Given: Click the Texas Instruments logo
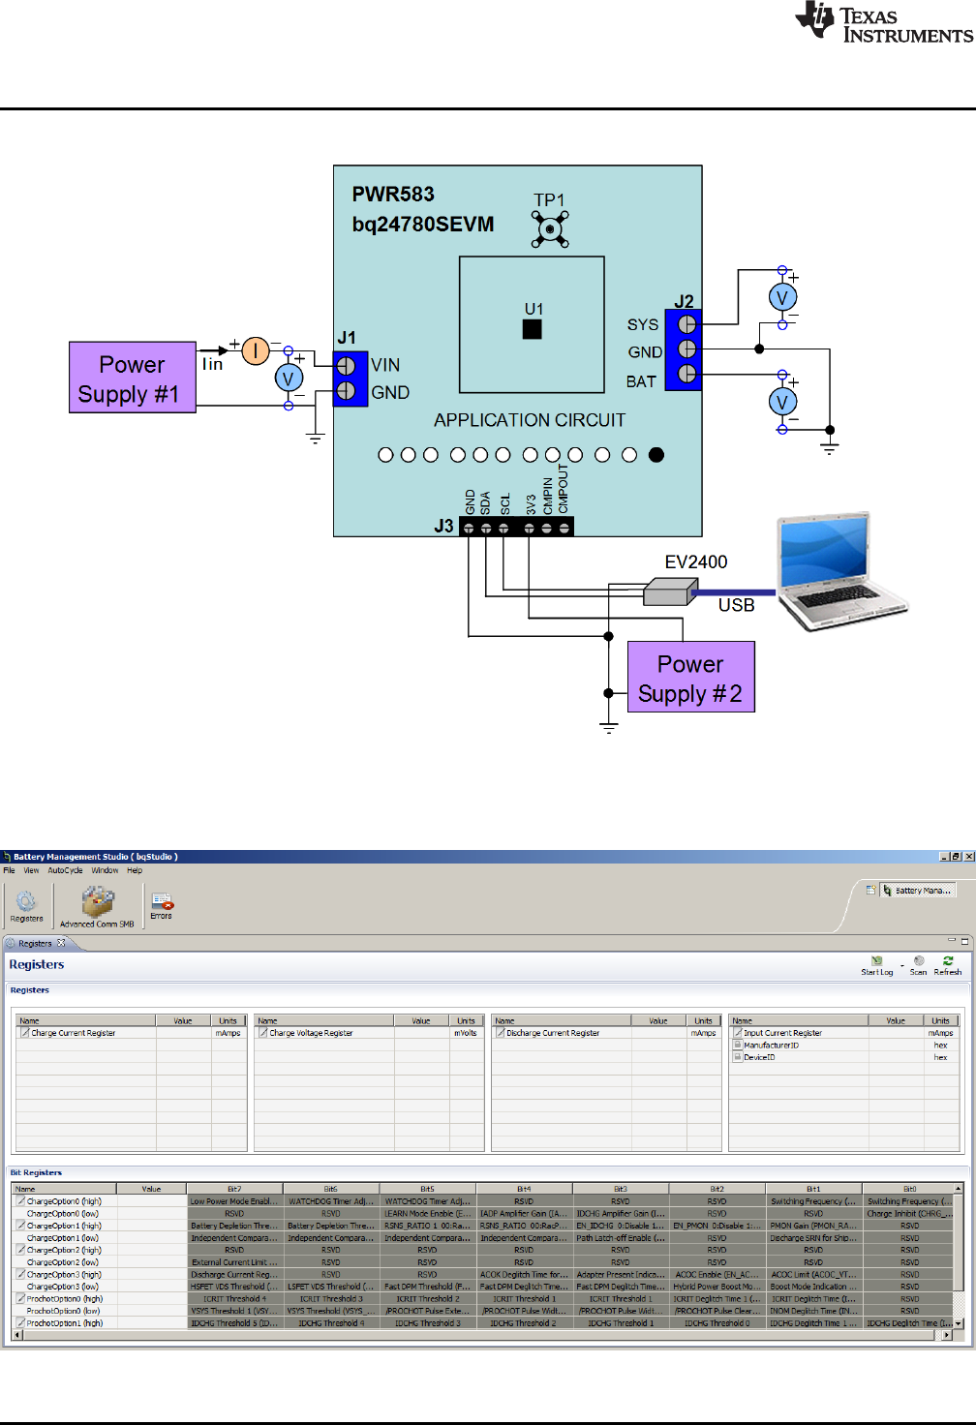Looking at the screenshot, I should pyautogui.click(x=883, y=23).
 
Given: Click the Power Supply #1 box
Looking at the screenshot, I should pyautogui.click(x=133, y=378).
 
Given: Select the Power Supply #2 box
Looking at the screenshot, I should pyautogui.click(x=690, y=678).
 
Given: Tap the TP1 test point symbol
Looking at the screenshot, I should pyautogui.click(x=550, y=229).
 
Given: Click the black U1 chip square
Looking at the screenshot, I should pyautogui.click(x=532, y=329).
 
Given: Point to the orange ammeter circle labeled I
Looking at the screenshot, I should pyautogui.click(x=256, y=350).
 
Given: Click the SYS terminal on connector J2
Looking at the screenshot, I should pyautogui.click(x=686, y=324).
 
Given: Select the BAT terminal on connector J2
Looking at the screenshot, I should pyautogui.click(x=686, y=374).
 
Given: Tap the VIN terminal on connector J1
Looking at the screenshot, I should pyautogui.click(x=346, y=366).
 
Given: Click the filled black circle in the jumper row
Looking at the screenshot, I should pyautogui.click(x=656, y=455).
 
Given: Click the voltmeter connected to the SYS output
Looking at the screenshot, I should pyautogui.click(x=782, y=298).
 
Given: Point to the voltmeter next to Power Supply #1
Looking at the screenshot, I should pyautogui.click(x=289, y=379).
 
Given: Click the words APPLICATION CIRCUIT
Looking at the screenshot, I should pyautogui.click(x=530, y=420).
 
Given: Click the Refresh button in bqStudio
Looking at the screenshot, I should pyautogui.click(x=947, y=965).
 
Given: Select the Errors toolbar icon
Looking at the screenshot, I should pyautogui.click(x=162, y=906).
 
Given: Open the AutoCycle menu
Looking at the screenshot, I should pyautogui.click(x=65, y=870).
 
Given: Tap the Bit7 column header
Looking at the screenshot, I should pyautogui.click(x=234, y=1189).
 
